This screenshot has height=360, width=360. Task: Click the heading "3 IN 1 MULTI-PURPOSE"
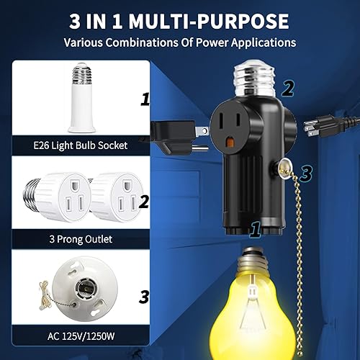click(x=180, y=19)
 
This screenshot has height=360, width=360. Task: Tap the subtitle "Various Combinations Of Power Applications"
click(x=180, y=42)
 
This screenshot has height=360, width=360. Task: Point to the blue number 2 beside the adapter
click(x=288, y=88)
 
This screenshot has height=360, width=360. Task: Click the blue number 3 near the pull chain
click(x=305, y=174)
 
